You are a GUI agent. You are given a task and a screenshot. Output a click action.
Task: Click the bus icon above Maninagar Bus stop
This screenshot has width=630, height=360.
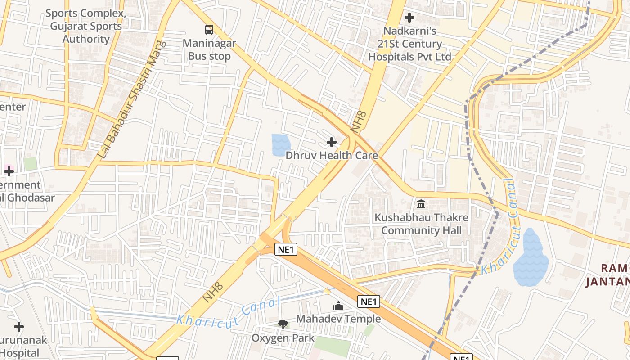(209, 30)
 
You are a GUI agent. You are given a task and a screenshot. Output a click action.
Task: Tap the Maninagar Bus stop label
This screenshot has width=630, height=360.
(209, 50)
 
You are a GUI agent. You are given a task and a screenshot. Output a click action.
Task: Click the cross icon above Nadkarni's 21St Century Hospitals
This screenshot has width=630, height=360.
(409, 18)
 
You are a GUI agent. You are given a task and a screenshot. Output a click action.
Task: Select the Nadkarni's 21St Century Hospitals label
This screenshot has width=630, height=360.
(409, 44)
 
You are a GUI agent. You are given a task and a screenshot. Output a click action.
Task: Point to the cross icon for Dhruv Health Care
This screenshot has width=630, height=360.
(332, 143)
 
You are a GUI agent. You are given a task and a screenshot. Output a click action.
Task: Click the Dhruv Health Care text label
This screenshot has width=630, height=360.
(332, 155)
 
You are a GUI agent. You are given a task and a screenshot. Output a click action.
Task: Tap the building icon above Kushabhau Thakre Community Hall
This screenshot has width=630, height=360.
(421, 204)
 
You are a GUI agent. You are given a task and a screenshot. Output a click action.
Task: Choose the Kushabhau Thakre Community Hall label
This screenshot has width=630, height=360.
(422, 224)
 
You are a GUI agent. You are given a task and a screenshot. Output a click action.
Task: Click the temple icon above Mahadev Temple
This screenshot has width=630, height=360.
(338, 306)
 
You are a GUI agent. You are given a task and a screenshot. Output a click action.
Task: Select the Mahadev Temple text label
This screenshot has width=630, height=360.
(338, 319)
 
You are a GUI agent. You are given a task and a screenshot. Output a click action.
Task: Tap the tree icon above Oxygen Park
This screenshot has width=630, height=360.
(283, 324)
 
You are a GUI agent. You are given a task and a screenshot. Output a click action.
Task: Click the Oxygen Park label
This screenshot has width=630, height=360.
(283, 338)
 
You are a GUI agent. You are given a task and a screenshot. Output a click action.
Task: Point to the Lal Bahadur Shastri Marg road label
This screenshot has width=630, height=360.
(132, 99)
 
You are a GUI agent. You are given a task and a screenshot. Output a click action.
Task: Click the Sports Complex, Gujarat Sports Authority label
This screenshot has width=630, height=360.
(85, 26)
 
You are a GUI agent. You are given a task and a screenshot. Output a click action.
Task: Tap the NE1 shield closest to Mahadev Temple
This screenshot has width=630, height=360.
(369, 301)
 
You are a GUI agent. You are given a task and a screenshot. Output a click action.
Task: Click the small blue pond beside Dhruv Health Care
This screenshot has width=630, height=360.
(281, 145)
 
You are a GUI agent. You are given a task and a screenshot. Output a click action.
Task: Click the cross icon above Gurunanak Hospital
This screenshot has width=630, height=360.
(18, 326)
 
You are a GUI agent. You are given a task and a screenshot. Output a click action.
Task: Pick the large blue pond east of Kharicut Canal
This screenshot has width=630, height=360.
(531, 259)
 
